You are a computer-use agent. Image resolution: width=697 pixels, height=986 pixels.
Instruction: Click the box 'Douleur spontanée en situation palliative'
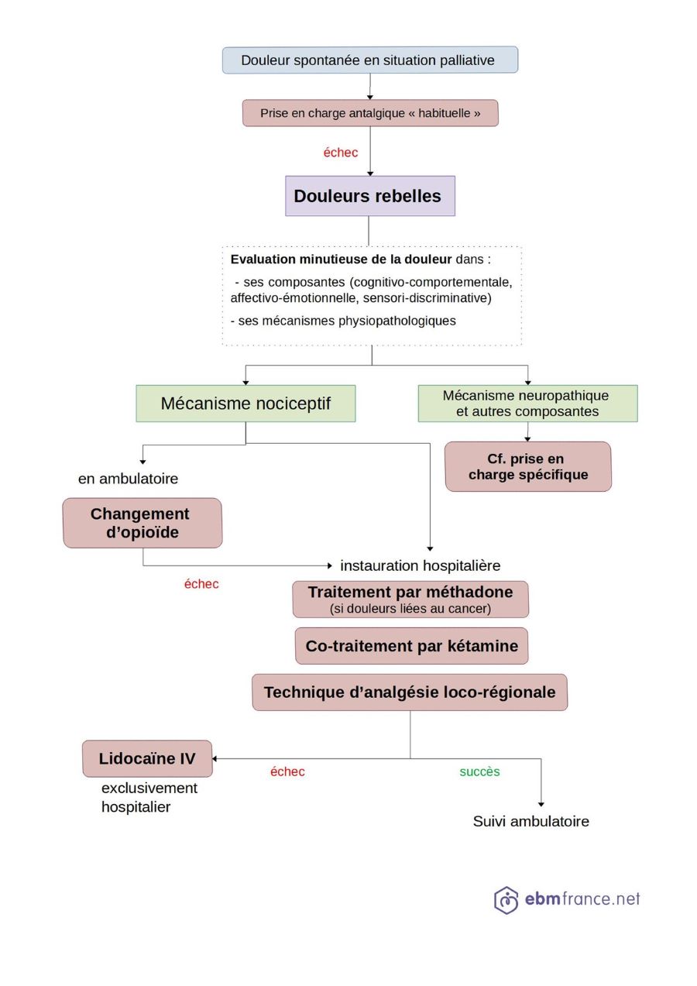pos(369,60)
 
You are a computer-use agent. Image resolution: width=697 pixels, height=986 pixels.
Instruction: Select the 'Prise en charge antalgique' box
pos(369,113)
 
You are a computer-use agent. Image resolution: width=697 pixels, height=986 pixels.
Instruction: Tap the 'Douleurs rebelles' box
pos(369,196)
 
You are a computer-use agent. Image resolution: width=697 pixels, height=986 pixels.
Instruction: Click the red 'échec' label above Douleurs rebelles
pos(341,153)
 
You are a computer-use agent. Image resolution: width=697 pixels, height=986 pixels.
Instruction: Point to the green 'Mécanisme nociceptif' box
pos(245,404)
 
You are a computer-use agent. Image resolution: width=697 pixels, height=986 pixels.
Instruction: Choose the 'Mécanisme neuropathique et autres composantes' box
pos(527,404)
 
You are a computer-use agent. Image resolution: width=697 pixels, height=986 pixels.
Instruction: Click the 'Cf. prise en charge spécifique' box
pos(527,466)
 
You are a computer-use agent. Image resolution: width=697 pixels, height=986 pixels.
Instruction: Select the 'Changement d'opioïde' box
pos(142,523)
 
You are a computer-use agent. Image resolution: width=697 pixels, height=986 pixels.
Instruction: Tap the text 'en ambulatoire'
pos(128,479)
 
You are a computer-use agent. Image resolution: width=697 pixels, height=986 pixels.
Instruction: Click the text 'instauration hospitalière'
pos(420,565)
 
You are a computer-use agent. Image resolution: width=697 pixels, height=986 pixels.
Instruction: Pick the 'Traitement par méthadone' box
pos(410,600)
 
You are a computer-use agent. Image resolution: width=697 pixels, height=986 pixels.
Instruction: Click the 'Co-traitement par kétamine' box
pos(411,646)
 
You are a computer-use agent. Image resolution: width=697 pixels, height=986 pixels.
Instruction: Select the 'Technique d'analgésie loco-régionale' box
pos(409,692)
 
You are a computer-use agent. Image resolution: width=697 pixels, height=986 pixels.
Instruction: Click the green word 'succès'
pos(479,771)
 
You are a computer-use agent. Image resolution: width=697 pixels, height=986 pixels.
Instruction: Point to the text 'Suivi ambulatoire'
pos(530,821)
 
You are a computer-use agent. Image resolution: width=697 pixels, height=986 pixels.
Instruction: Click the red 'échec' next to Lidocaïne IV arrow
pos(287,771)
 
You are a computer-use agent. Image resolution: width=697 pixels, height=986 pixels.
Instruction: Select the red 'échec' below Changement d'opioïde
pos(201,584)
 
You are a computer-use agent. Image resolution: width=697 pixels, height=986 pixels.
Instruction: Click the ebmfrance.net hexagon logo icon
pos(506,900)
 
